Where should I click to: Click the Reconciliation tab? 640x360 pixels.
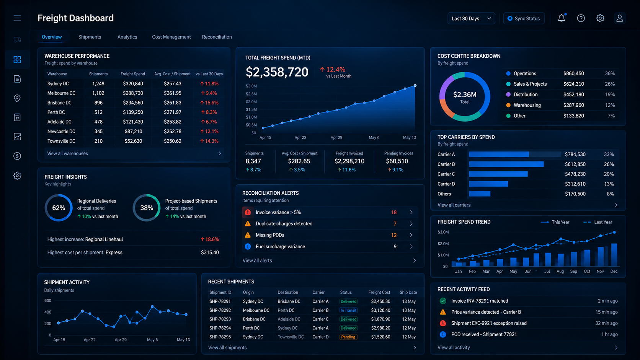tap(217, 37)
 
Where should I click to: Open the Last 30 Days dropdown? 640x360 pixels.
tap(471, 19)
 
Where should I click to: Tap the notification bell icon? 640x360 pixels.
tap(562, 18)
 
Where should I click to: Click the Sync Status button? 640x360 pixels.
tap(524, 19)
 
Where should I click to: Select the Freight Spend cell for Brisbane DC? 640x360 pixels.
tap(133, 103)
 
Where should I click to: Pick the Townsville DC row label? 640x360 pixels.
tap(61, 141)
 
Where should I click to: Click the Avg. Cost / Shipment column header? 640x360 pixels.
tap(172, 74)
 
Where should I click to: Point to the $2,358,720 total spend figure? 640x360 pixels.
tap(277, 72)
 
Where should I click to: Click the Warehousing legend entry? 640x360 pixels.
tap(527, 105)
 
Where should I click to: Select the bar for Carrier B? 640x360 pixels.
tap(506, 164)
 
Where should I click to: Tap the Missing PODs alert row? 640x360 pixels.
tap(330, 235)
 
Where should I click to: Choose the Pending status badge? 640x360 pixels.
tap(348, 337)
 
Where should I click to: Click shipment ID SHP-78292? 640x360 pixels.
tap(220, 310)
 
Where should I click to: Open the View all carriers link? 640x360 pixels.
tap(454, 205)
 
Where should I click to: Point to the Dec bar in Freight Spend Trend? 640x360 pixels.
tap(614, 255)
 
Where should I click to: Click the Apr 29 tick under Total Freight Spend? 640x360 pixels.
tap(336, 138)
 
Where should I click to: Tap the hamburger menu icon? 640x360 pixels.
tap(17, 18)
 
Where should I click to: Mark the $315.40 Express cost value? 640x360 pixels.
tap(210, 252)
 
